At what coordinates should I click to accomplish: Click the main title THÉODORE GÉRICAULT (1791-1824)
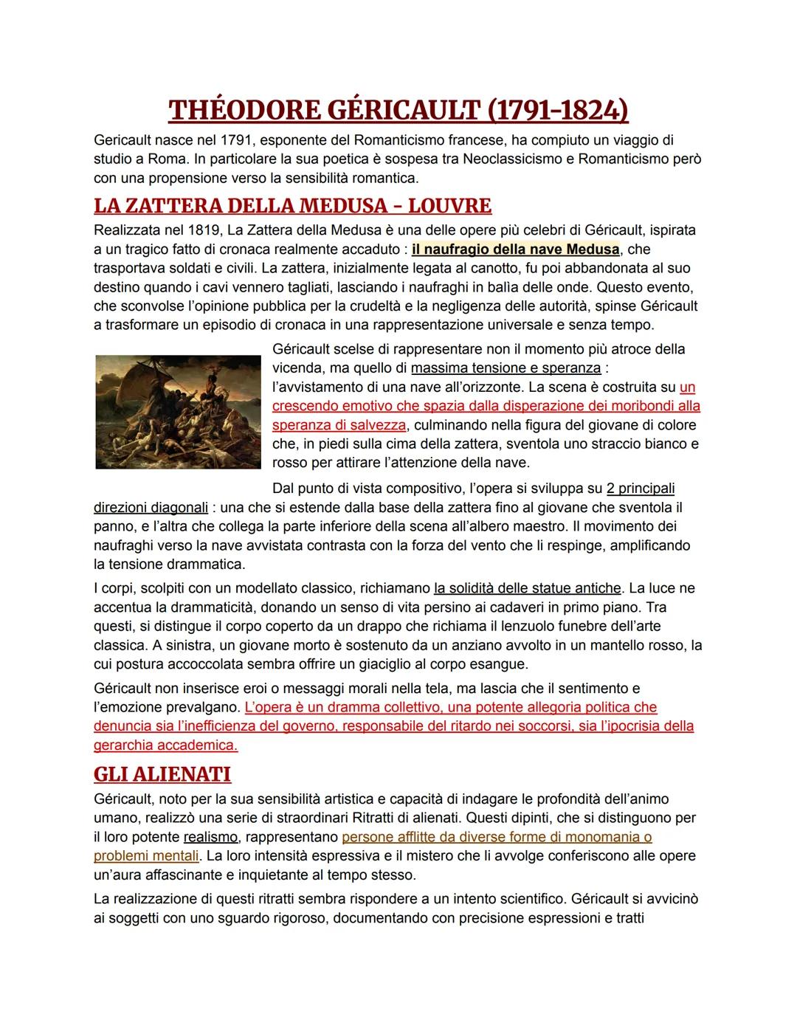[398, 110]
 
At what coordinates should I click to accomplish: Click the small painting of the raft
[178, 412]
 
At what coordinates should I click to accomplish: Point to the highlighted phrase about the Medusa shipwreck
[515, 249]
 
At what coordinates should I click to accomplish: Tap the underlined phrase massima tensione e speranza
[506, 368]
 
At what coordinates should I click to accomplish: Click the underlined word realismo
[210, 837]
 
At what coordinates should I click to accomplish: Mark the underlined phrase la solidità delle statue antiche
[528, 588]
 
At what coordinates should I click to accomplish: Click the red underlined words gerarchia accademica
[165, 745]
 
